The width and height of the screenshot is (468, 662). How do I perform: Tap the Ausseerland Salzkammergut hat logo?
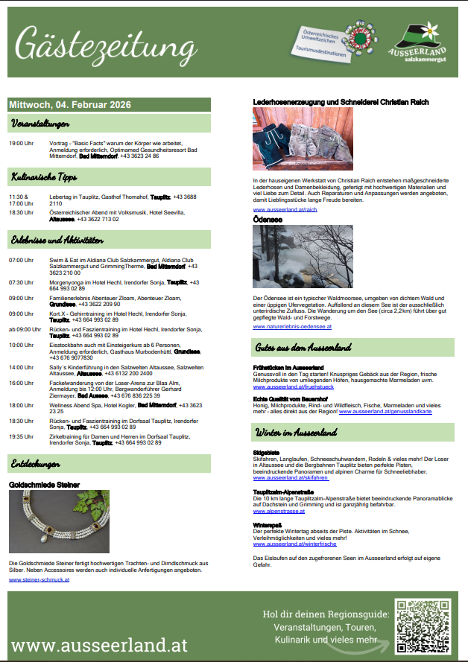point(417,39)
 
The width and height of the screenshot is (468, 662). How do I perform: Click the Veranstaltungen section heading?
point(41,123)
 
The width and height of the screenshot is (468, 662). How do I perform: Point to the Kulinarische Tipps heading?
point(45,177)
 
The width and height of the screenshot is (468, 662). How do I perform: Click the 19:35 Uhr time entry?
point(21,436)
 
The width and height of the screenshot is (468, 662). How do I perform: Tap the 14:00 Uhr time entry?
point(21,367)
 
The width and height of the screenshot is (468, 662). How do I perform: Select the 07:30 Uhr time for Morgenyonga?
point(21,282)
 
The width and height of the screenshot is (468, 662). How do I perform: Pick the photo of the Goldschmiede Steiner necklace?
point(59,521)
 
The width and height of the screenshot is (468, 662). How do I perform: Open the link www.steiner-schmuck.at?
point(39,579)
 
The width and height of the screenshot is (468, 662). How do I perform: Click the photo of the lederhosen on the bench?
point(292,139)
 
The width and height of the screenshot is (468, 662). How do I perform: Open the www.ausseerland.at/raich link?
point(285,210)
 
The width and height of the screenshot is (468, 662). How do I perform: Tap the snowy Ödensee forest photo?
point(292,256)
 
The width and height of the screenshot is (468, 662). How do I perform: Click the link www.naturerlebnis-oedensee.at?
point(292,326)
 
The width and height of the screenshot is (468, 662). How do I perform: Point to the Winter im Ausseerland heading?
point(297,433)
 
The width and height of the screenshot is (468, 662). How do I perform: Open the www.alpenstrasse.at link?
point(279,512)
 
